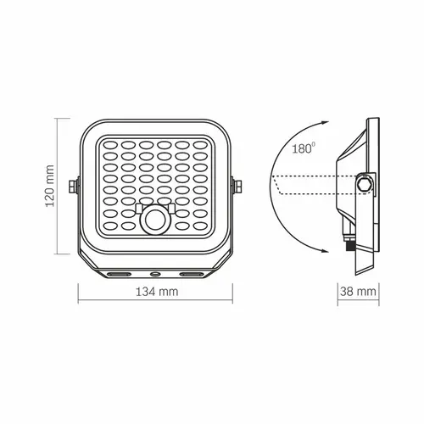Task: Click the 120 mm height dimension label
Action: pyautogui.click(x=50, y=186)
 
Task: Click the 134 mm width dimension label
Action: pyautogui.click(x=157, y=292)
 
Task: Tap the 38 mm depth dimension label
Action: pyautogui.click(x=358, y=292)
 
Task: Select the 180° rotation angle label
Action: pyautogui.click(x=304, y=148)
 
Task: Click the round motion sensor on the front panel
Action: pyautogui.click(x=155, y=220)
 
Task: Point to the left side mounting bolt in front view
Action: pyautogui.click(x=73, y=187)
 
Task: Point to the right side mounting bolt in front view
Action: pyautogui.click(x=237, y=187)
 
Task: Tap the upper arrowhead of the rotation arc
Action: pyautogui.click(x=325, y=123)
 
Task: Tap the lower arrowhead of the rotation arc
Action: pyautogui.click(x=324, y=250)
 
